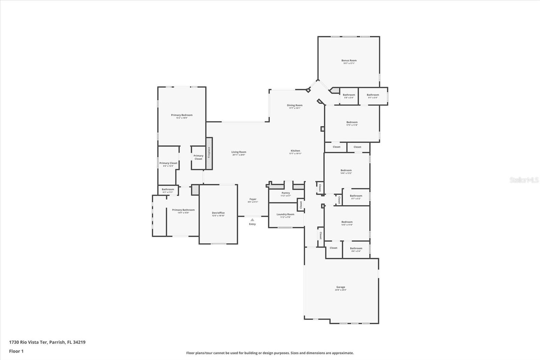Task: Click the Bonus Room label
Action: pyautogui.click(x=349, y=60)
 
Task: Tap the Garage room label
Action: pyautogui.click(x=341, y=287)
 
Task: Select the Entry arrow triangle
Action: pyautogui.click(x=252, y=220)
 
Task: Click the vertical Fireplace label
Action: pyautogui.click(x=209, y=153)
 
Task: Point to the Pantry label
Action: pyautogui.click(x=286, y=193)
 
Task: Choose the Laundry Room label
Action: pyautogui.click(x=285, y=214)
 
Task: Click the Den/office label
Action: pyautogui.click(x=218, y=213)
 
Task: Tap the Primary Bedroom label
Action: pyautogui.click(x=182, y=115)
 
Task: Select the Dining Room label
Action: pyautogui.click(x=295, y=105)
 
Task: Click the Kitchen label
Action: pyautogui.click(x=295, y=151)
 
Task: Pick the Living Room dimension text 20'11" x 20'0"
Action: pyautogui.click(x=239, y=155)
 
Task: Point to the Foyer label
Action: pyautogui.click(x=253, y=199)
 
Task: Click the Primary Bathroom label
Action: pyautogui.click(x=183, y=210)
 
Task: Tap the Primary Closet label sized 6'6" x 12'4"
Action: pyautogui.click(x=168, y=163)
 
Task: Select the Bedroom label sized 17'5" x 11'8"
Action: pyautogui.click(x=352, y=122)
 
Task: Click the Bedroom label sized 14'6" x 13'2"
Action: pyautogui.click(x=346, y=170)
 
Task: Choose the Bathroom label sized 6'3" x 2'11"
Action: pyautogui.click(x=168, y=189)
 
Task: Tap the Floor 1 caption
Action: pyautogui.click(x=16, y=351)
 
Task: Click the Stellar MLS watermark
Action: pyautogui.click(x=524, y=180)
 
